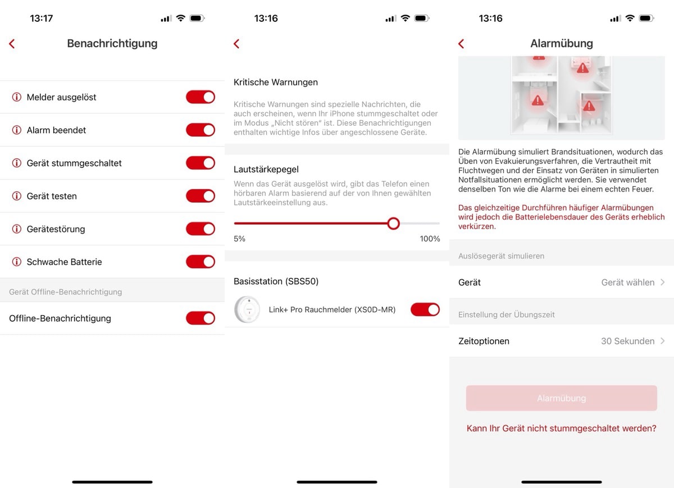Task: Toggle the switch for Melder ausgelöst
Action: click(x=201, y=97)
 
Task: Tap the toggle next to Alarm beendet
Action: click(x=201, y=130)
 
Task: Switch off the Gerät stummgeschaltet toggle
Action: click(x=201, y=163)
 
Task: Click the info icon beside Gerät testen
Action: click(x=16, y=196)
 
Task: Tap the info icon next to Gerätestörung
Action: click(x=16, y=229)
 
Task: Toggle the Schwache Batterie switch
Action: click(x=201, y=262)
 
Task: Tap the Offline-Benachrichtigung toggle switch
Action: click(x=201, y=318)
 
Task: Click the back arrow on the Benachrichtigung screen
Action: click(x=12, y=44)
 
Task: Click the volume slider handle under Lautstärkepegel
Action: click(x=393, y=224)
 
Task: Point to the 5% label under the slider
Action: click(x=239, y=239)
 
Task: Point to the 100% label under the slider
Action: click(x=430, y=239)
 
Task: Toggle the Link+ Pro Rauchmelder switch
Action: click(x=425, y=309)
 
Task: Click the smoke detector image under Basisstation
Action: click(x=247, y=309)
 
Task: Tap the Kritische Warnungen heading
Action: click(x=276, y=82)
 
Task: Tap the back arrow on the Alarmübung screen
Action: click(x=461, y=44)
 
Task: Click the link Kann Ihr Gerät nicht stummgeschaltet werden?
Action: click(x=562, y=428)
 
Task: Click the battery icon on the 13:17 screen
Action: click(x=197, y=19)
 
